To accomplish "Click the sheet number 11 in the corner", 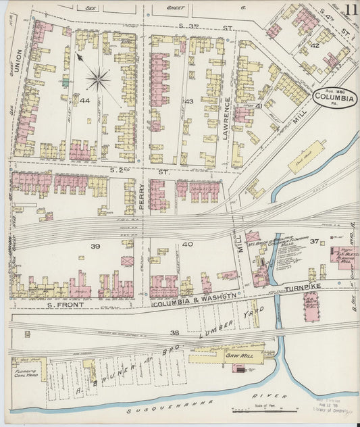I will (x=350, y=9).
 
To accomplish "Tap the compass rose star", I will (x=99, y=80).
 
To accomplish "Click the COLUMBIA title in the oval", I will (x=336, y=97).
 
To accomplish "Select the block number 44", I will (x=85, y=101).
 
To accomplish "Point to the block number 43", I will (x=189, y=101).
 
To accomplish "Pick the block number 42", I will (x=314, y=45).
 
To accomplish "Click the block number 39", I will (x=95, y=247).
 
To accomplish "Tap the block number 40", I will (x=187, y=245).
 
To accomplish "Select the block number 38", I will (x=175, y=333).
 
